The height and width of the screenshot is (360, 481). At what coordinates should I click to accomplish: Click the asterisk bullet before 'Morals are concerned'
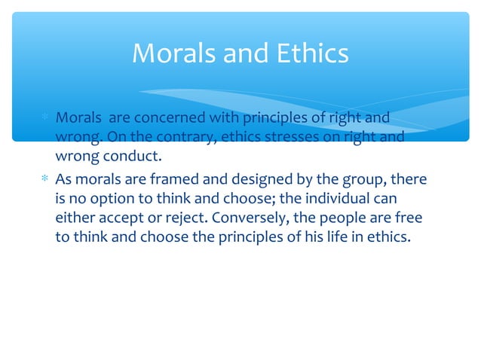[45, 119]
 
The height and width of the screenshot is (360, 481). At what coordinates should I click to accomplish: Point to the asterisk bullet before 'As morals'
[45, 181]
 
